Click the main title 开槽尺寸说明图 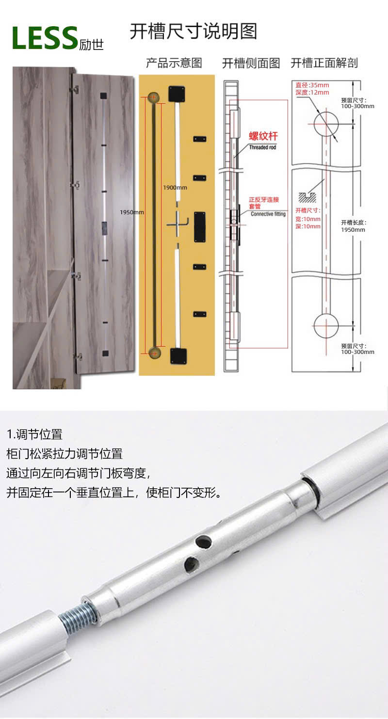pyautogui.click(x=193, y=31)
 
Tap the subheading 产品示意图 pyautogui.click(x=174, y=63)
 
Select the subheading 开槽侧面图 pyautogui.click(x=251, y=63)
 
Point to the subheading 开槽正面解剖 pyautogui.click(x=324, y=63)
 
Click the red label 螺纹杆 pyautogui.click(x=263, y=137)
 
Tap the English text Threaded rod pyautogui.click(x=262, y=147)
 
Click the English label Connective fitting pyautogui.click(x=268, y=214)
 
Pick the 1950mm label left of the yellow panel pyautogui.click(x=132, y=212)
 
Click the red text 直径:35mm pyautogui.click(x=312, y=85)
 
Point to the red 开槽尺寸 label pyautogui.click(x=308, y=210)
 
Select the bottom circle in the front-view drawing pyautogui.click(x=326, y=325)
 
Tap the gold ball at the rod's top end pyautogui.click(x=154, y=96)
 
